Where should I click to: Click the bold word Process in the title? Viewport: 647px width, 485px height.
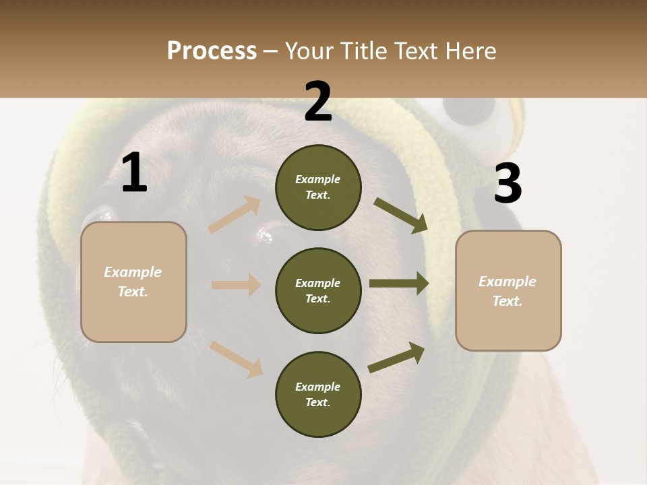212,51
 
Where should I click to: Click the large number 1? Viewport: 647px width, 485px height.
134,173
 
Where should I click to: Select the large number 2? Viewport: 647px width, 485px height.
318,102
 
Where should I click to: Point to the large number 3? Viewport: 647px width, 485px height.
507,184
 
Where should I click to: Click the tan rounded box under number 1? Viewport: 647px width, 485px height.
133,282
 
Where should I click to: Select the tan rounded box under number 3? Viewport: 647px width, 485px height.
508,290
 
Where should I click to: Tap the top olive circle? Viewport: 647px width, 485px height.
318,187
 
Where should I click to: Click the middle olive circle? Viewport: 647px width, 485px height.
318,290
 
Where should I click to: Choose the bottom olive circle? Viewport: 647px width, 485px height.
318,394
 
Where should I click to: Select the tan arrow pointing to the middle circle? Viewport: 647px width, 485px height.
237,285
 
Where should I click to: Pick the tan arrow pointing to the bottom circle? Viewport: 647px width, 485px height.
237,359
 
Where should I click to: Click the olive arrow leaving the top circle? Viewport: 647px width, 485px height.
401,215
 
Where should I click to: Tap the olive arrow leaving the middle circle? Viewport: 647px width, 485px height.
399,284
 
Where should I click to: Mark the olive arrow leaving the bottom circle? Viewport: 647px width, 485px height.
397,358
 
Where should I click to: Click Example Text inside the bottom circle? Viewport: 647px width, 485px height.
318,394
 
